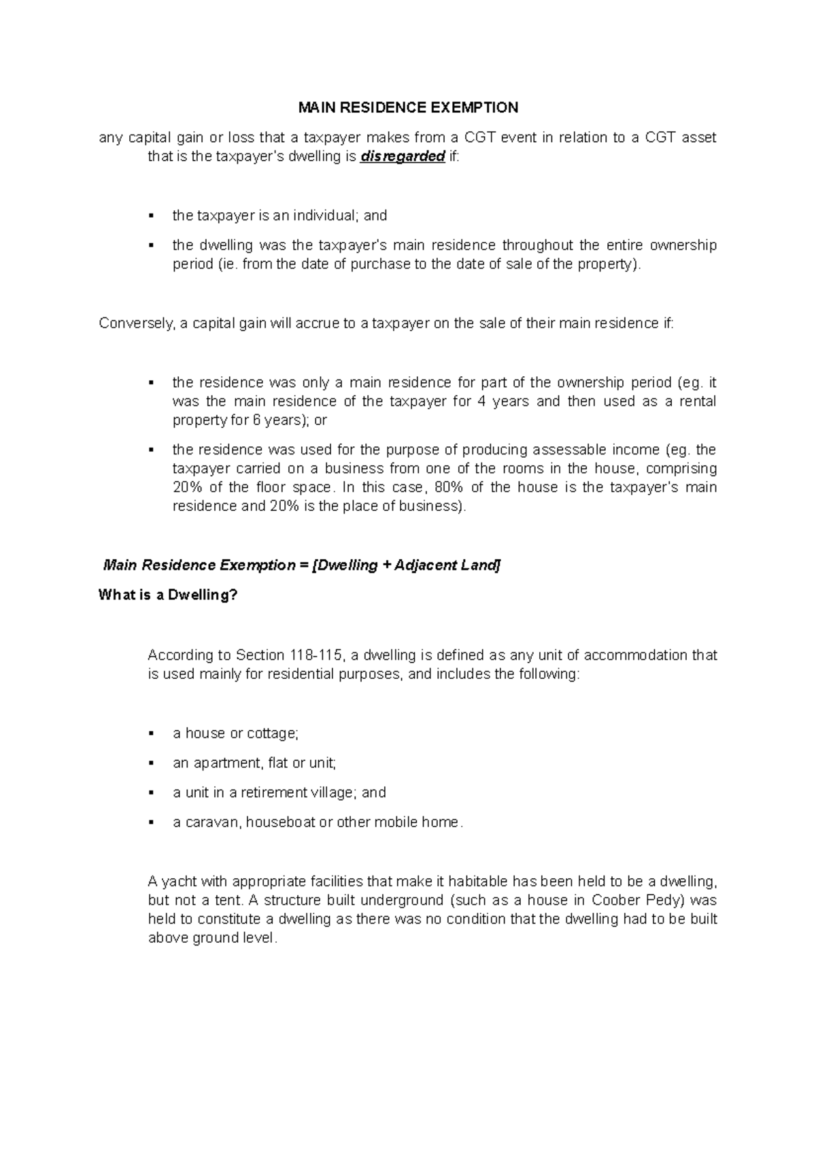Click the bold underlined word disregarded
(403, 157)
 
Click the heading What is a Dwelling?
(168, 595)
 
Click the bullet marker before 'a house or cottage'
(152, 733)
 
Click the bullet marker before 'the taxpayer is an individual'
(152, 216)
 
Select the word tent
(231, 900)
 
